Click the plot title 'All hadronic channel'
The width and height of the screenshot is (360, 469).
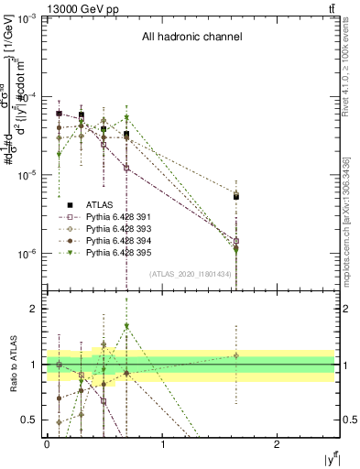pos(191,38)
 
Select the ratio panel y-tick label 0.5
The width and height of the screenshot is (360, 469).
pos(33,420)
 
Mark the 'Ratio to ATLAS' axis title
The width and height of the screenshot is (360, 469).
pos(11,364)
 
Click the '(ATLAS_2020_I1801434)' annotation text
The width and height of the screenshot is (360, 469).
pos(191,274)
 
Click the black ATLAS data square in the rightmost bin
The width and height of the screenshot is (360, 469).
pos(236,196)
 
